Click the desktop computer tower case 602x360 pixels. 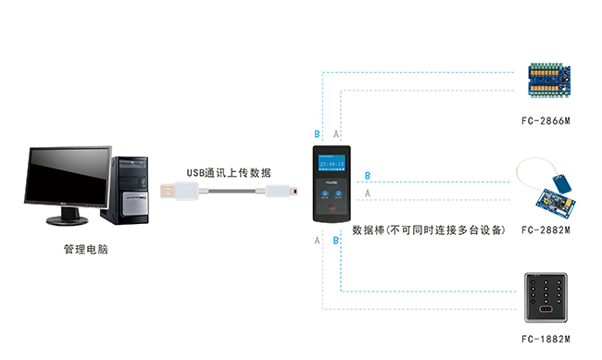pos(130,190)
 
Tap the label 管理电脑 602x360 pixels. pos(85,250)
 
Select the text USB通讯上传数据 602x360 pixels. pos(229,172)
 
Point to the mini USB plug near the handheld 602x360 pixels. pos(282,192)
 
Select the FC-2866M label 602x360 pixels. pos(546,121)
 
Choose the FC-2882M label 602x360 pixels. pos(546,230)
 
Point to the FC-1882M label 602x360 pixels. pos(546,340)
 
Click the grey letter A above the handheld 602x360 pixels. pos(336,134)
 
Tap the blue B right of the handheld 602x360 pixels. pos(368,176)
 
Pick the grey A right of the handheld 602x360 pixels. pos(368,193)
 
